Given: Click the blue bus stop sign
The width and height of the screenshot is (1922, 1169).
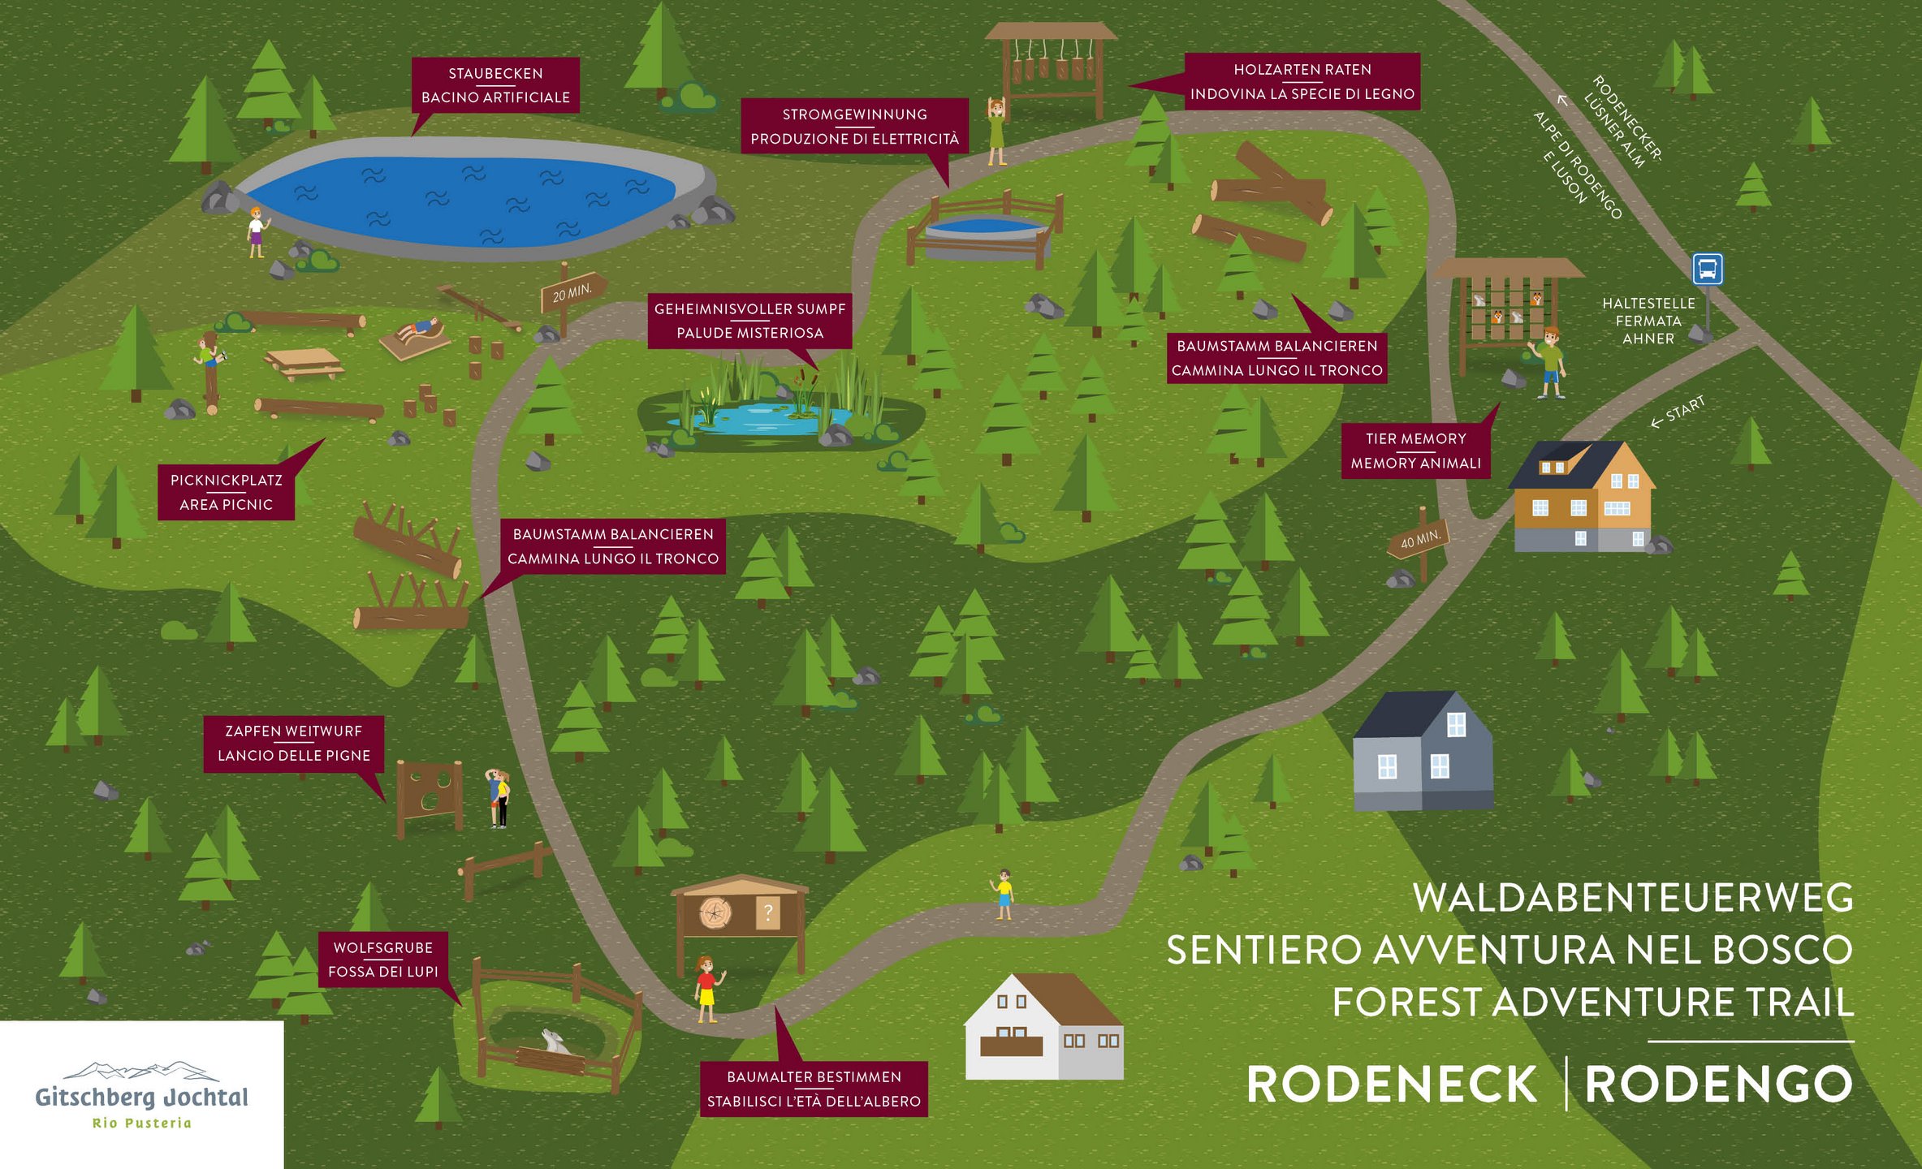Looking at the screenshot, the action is (1707, 269).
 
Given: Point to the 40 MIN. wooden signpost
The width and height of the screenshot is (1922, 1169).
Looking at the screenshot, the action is (1420, 541).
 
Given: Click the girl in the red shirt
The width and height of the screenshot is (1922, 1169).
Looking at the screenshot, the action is (706, 989).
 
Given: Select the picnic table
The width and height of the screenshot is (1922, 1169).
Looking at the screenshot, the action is (304, 363).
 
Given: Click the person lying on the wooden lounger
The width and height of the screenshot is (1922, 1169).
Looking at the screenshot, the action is (420, 329).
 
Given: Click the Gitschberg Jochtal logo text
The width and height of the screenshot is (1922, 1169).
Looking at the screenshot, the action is (142, 1098).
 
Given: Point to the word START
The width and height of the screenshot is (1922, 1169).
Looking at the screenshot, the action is (1686, 409).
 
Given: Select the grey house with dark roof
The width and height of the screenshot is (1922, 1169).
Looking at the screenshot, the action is (1423, 750).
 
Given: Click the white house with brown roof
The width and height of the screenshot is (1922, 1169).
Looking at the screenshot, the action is (1044, 1026).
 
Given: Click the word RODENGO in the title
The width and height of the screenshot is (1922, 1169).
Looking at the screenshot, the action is (1719, 1085).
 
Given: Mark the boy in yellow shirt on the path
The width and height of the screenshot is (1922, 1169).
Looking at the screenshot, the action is (1004, 894).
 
